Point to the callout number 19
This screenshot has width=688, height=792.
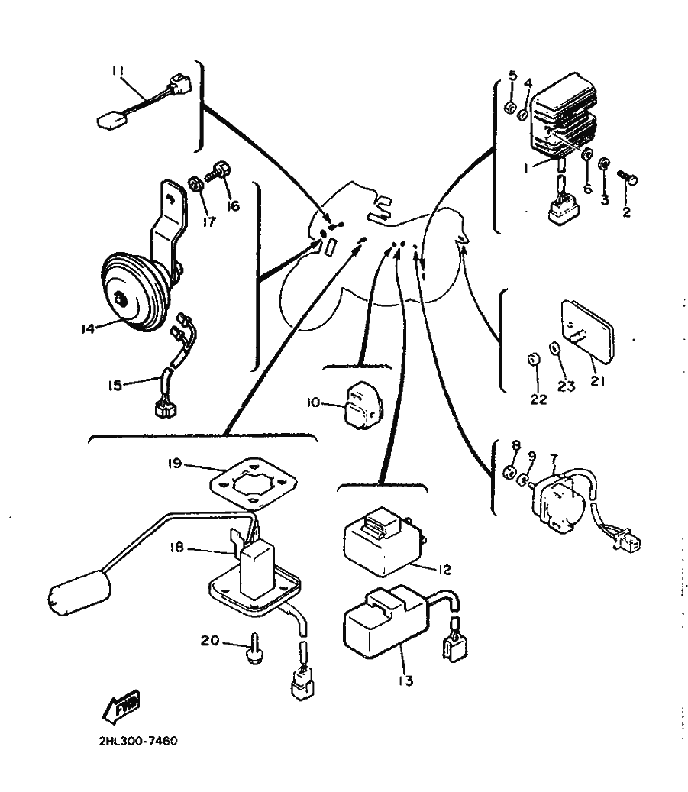176,464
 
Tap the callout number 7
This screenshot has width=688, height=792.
554,456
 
